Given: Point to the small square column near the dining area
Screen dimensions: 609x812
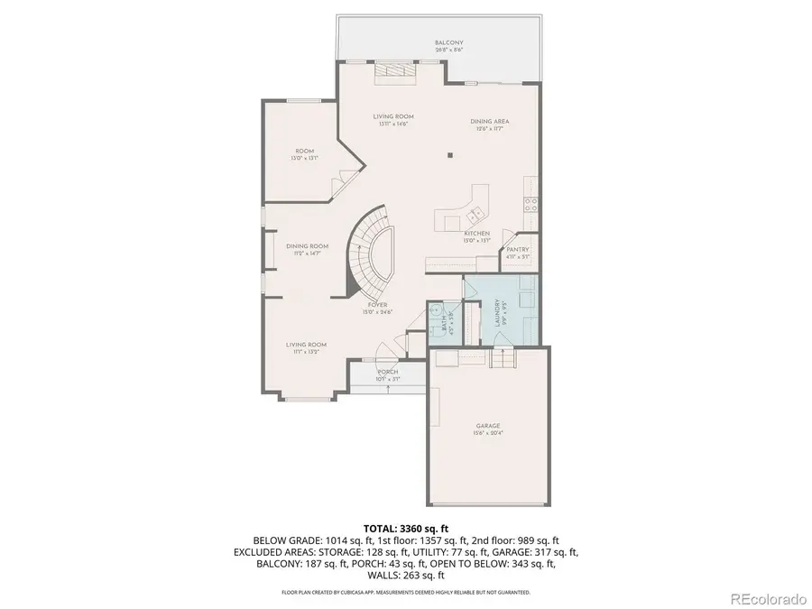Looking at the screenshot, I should [448, 156].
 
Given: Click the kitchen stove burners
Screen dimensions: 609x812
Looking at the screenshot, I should [532, 207].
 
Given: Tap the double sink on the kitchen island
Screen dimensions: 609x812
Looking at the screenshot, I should [474, 214].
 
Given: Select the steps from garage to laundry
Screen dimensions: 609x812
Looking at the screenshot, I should [501, 360].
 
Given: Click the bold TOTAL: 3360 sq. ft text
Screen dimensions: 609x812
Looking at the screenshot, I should [406, 528].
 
